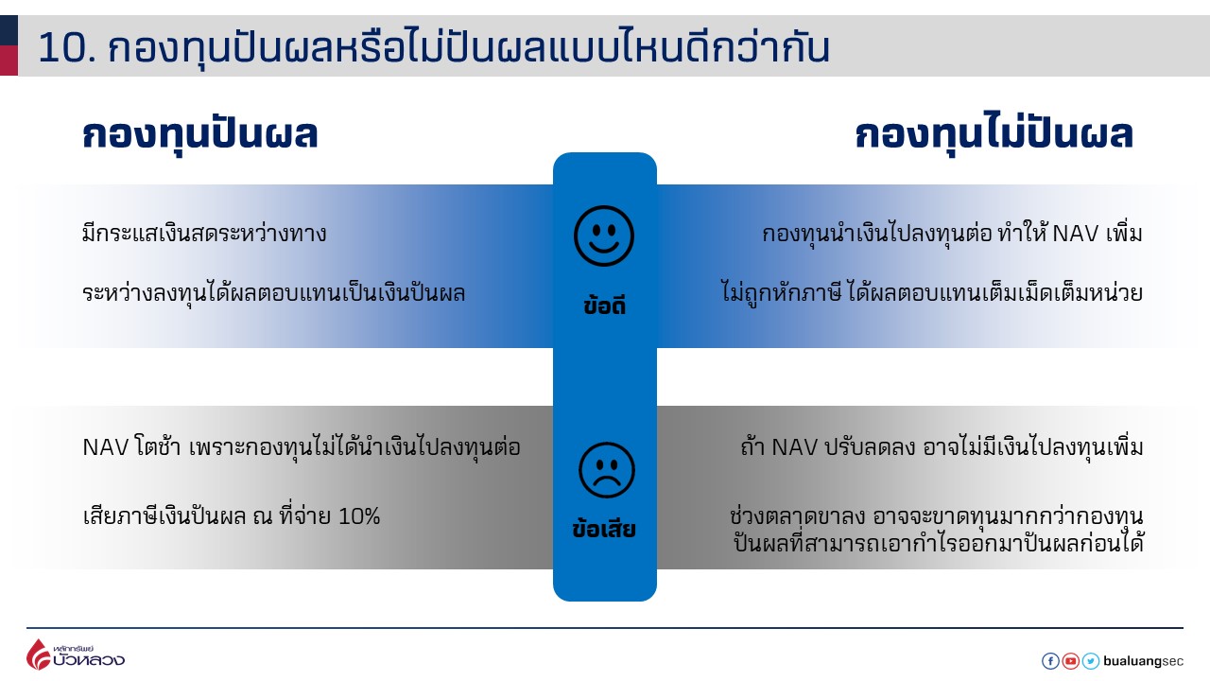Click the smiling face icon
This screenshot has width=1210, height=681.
[x=604, y=236]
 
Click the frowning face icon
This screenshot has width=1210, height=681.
[x=606, y=470]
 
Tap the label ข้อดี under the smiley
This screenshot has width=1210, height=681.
[x=605, y=306]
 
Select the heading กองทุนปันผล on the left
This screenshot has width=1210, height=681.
[x=200, y=135]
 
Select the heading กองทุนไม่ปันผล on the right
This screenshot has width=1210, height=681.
[x=994, y=135]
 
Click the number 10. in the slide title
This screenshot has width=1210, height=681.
[x=66, y=48]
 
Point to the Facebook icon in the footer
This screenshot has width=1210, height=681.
[x=1050, y=661]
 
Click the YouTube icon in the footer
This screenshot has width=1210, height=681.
[x=1070, y=661]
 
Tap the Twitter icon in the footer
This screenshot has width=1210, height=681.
[x=1091, y=661]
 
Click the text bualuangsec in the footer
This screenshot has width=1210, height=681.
[x=1143, y=661]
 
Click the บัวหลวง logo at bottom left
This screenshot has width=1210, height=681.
[x=75, y=655]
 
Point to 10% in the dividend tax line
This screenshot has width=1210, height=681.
[x=359, y=516]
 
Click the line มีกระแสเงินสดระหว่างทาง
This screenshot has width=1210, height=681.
[x=204, y=233]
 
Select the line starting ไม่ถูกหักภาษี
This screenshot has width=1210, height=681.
[x=931, y=293]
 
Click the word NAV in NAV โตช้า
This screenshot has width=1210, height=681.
[x=104, y=447]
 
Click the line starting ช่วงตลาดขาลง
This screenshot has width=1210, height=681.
[x=936, y=516]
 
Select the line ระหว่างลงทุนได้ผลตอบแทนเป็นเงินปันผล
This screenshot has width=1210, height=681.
[x=274, y=293]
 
